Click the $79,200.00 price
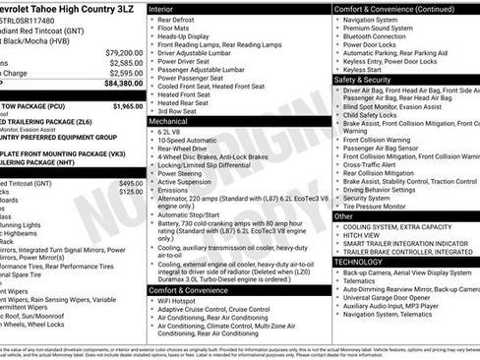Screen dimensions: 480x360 (124, 52)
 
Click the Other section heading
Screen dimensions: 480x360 (344, 215)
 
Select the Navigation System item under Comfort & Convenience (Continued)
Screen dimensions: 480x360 (379, 19)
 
